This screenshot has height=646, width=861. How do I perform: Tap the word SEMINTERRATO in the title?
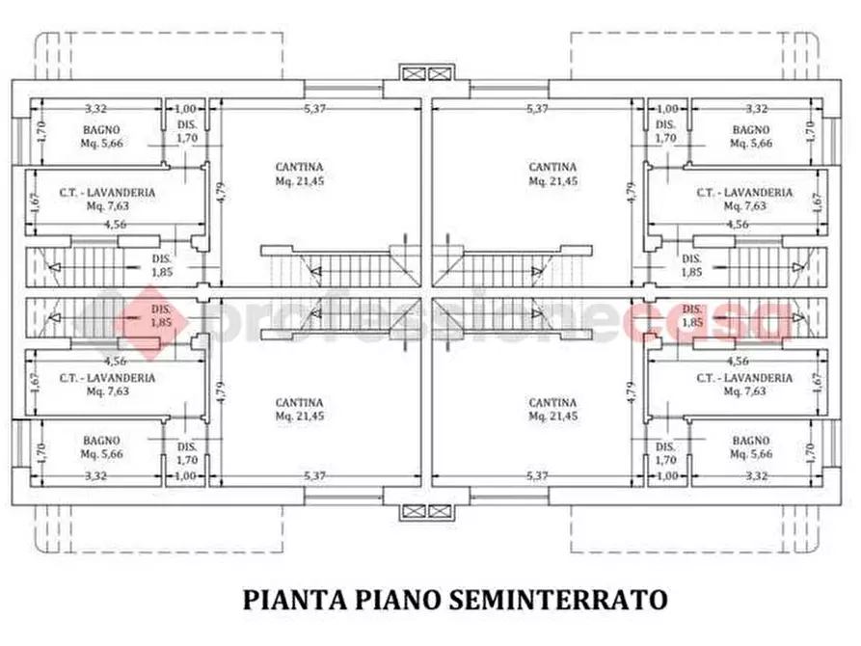pyautogui.click(x=558, y=599)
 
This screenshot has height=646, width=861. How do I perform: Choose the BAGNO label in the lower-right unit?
pyautogui.click(x=751, y=441)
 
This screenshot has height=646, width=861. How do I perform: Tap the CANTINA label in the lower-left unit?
pyautogui.click(x=299, y=403)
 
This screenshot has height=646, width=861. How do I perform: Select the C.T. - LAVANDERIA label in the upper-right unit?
pyautogui.click(x=744, y=193)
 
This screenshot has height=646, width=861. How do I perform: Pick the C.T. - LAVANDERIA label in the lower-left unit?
pyautogui.click(x=107, y=378)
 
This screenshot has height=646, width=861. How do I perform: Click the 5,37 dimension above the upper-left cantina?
pyautogui.click(x=315, y=109)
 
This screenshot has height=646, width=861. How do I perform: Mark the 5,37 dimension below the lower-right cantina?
pyautogui.click(x=537, y=475)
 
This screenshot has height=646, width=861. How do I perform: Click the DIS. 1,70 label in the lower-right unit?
pyautogui.click(x=665, y=453)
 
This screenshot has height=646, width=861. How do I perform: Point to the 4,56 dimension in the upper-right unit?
pyautogui.click(x=737, y=224)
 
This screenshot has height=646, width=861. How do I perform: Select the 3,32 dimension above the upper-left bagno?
pyautogui.click(x=94, y=109)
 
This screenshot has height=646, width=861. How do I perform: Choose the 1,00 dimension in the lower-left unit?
pyautogui.click(x=186, y=475)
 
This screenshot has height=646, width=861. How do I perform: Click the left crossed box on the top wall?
pyautogui.click(x=414, y=74)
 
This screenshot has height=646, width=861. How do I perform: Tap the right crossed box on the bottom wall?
pyautogui.click(x=441, y=510)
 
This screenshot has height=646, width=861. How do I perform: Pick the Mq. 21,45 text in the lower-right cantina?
pyautogui.click(x=552, y=417)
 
